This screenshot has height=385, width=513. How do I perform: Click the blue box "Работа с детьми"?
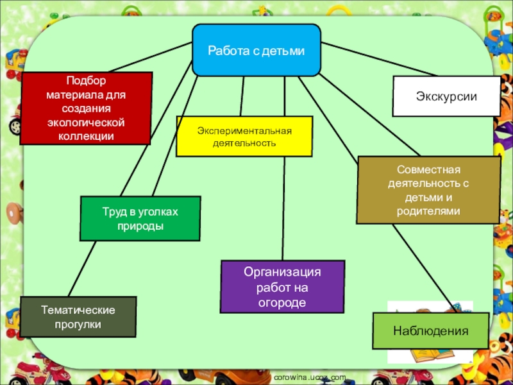click(x=256, y=50)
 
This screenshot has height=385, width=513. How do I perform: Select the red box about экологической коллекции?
click(x=85, y=107)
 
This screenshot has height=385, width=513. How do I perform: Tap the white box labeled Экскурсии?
click(x=446, y=96)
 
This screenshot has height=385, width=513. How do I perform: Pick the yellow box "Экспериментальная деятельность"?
click(x=244, y=137)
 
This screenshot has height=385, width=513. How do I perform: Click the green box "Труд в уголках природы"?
click(x=140, y=218)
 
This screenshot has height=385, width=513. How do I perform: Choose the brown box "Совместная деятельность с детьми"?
click(x=428, y=190)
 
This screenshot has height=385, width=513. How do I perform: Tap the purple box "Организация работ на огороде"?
click(x=282, y=287)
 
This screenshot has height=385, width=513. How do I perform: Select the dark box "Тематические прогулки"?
click(x=78, y=317)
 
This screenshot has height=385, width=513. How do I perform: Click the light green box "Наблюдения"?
click(x=430, y=331)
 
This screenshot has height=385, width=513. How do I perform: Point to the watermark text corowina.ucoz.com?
click(x=309, y=378)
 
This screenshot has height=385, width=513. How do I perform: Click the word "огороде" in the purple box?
click(x=282, y=302)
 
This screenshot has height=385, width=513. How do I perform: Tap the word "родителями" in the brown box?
click(x=428, y=211)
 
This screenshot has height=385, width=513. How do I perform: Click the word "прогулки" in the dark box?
click(x=78, y=325)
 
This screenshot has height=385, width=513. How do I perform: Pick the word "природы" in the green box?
click(x=140, y=227)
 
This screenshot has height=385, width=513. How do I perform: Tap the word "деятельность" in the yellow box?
click(x=244, y=142)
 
